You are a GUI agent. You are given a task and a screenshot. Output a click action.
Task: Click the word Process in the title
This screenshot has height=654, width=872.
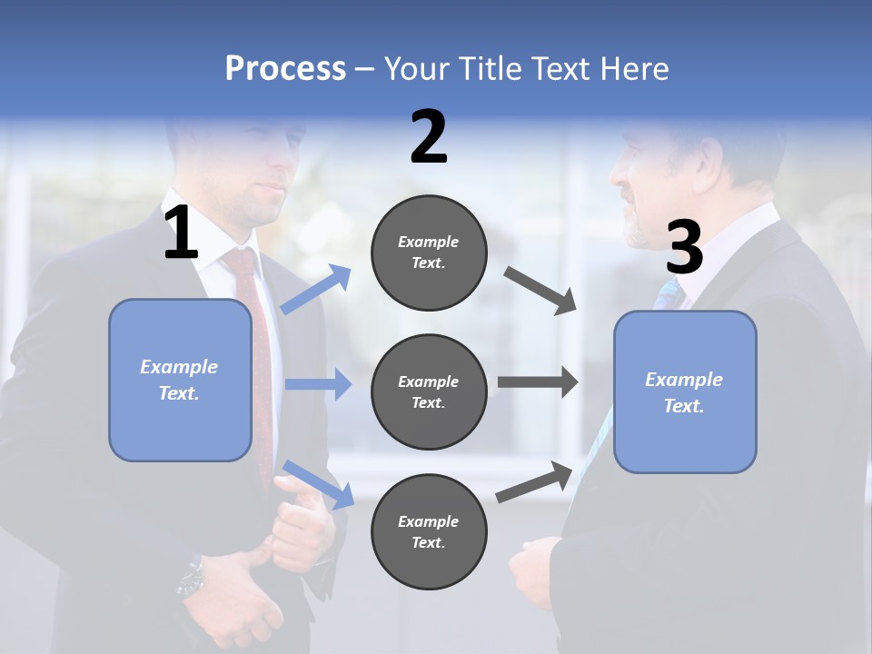(x=285, y=69)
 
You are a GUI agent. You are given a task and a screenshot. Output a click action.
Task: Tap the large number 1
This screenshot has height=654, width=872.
(x=181, y=233)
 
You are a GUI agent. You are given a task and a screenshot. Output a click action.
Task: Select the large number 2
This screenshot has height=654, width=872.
(x=429, y=137)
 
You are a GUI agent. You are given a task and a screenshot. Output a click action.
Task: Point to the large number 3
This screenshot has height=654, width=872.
(x=684, y=248)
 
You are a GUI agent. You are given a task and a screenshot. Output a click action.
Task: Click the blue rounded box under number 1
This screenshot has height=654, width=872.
(x=180, y=380)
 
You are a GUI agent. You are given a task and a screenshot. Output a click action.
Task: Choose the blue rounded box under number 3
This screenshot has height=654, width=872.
(x=685, y=391)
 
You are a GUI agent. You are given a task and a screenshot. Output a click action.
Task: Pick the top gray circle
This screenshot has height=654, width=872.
(x=429, y=253)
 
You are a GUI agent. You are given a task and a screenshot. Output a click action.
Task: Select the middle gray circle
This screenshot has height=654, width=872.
(x=429, y=391)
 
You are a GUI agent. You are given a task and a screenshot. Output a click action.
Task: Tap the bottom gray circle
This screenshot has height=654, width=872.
(x=429, y=531)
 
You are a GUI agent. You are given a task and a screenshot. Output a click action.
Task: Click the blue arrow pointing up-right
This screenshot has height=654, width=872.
(x=316, y=290)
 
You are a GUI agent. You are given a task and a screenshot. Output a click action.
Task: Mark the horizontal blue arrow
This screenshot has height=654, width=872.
(x=318, y=384)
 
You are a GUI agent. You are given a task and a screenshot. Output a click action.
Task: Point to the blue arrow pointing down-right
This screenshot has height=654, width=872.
(x=318, y=484)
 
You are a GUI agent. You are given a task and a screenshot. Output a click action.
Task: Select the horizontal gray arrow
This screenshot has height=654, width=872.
(x=538, y=382)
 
